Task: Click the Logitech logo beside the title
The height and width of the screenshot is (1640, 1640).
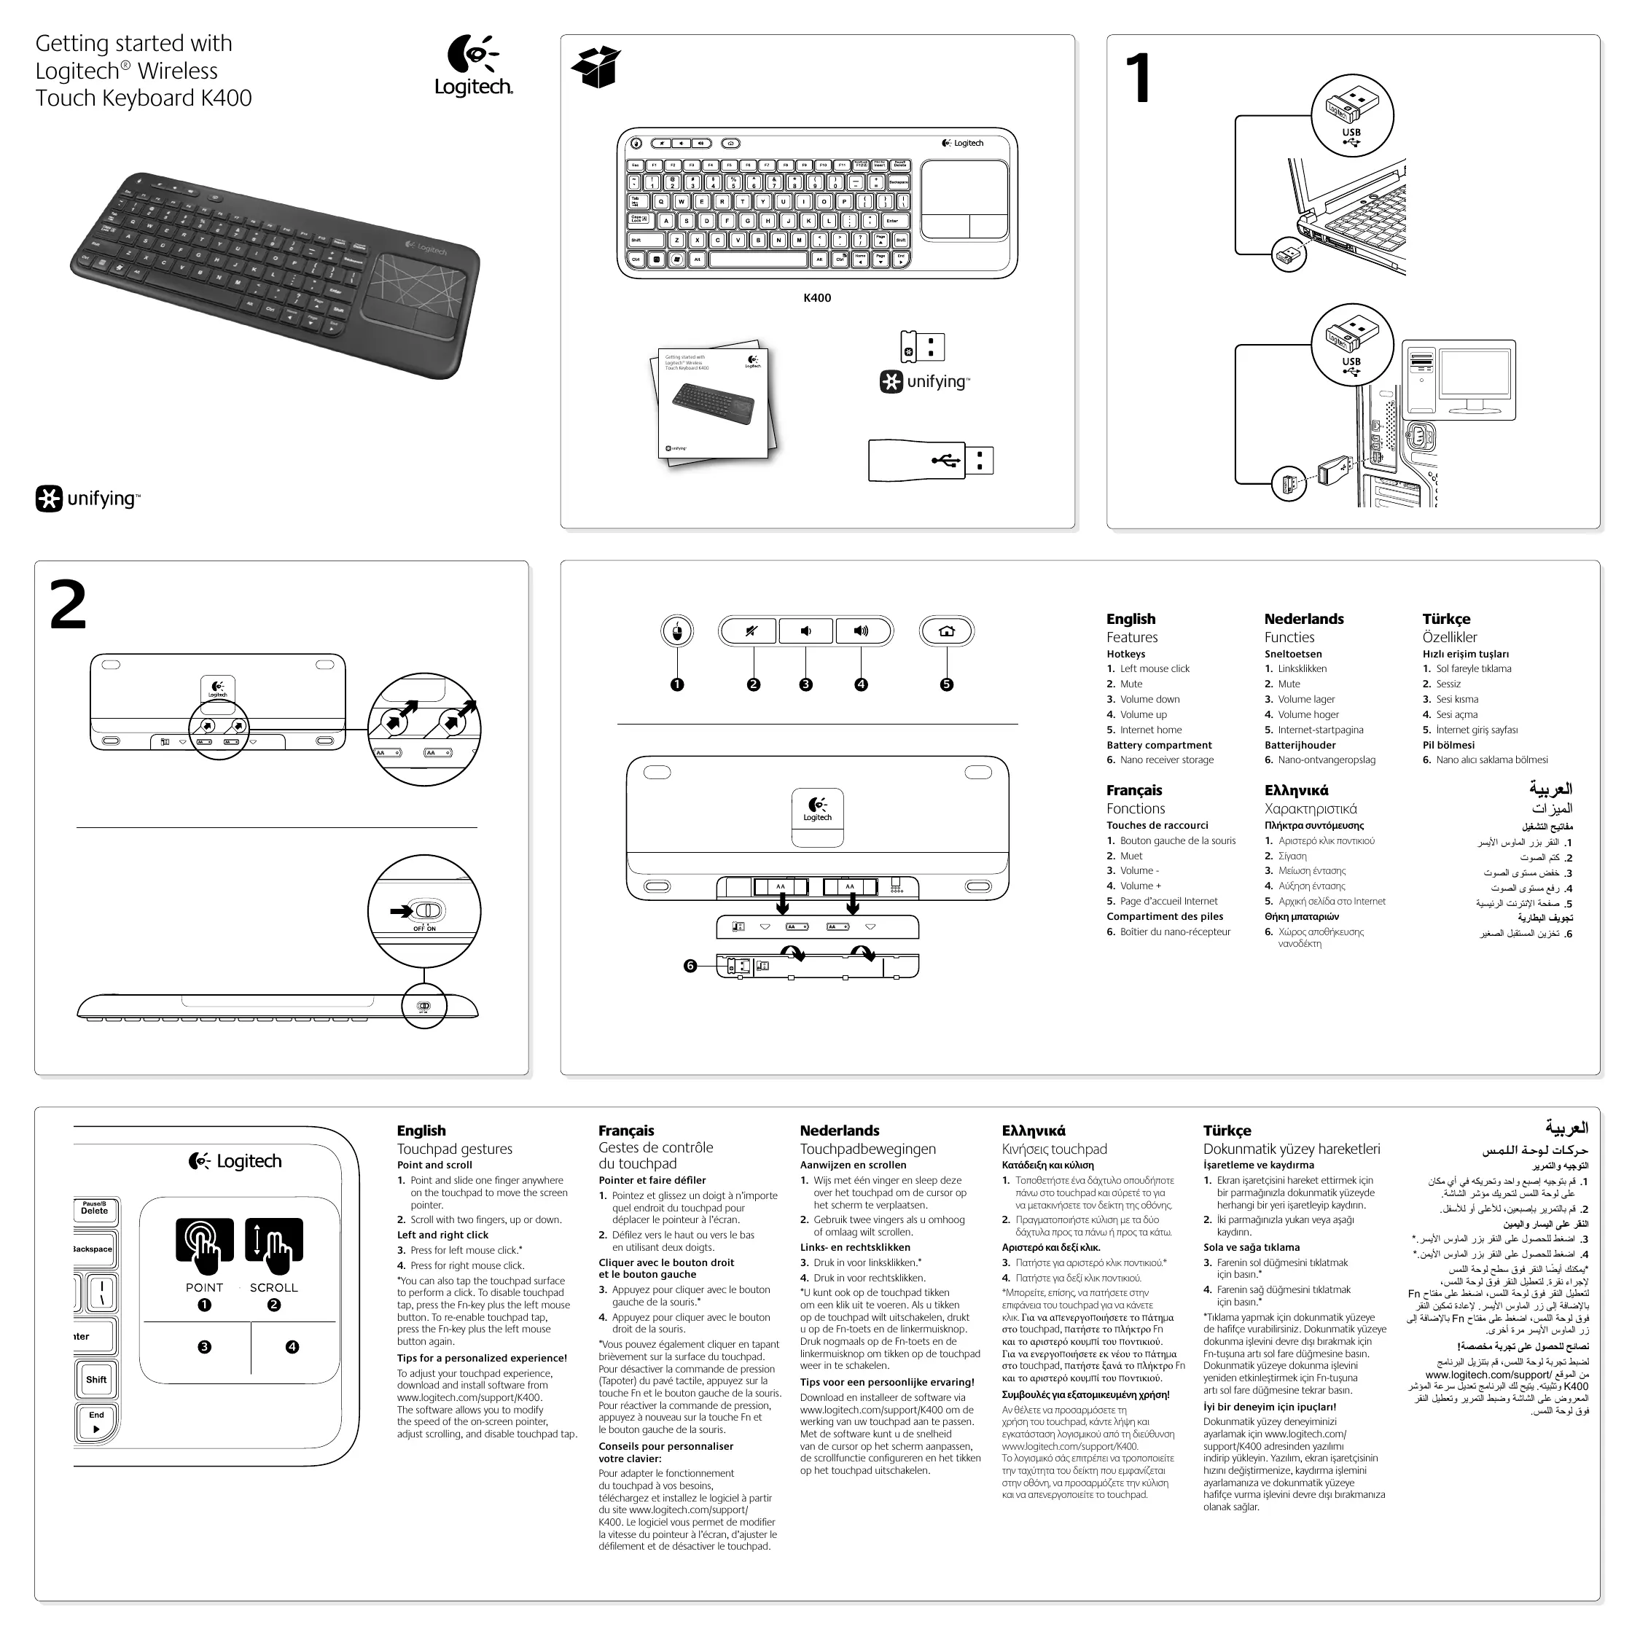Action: tap(473, 66)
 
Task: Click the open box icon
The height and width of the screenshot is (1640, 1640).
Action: tap(596, 66)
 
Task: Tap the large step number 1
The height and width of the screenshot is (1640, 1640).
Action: tap(1138, 78)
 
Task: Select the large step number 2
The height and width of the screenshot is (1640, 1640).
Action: tap(68, 604)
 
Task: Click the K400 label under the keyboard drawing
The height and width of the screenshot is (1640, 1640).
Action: tap(816, 298)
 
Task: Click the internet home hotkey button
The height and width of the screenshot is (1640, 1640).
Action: tap(947, 630)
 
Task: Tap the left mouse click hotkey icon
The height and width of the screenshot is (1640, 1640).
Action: tap(676, 630)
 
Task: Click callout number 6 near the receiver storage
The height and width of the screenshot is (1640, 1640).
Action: tap(690, 965)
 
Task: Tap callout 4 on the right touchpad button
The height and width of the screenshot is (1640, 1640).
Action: tap(292, 1346)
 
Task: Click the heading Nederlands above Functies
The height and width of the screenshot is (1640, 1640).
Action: tap(1303, 619)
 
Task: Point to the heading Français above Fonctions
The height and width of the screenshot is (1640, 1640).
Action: tap(1134, 790)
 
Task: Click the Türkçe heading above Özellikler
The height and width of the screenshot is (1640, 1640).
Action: tap(1445, 619)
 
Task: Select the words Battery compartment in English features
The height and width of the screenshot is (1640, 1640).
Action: tap(1159, 746)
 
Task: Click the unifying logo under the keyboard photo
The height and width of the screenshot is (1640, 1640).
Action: tap(87, 499)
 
